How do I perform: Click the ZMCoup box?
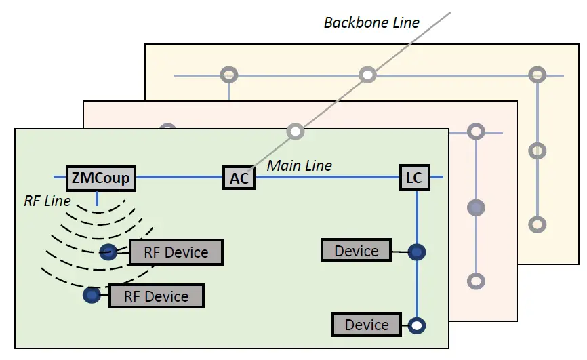point(101,178)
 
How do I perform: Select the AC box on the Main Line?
point(239,178)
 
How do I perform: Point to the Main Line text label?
point(300,165)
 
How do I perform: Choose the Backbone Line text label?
point(371,22)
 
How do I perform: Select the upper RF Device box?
point(176,252)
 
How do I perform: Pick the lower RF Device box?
point(156,296)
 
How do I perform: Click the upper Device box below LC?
point(357,251)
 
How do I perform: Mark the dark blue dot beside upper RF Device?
point(107,253)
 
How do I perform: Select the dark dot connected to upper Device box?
point(417,252)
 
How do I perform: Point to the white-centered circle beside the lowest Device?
point(417,325)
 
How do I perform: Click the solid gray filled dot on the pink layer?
point(477,207)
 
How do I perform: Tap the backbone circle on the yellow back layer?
point(367,75)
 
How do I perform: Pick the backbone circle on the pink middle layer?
point(295,131)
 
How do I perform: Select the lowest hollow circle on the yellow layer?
point(537,224)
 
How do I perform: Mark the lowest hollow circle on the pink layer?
point(477,280)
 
